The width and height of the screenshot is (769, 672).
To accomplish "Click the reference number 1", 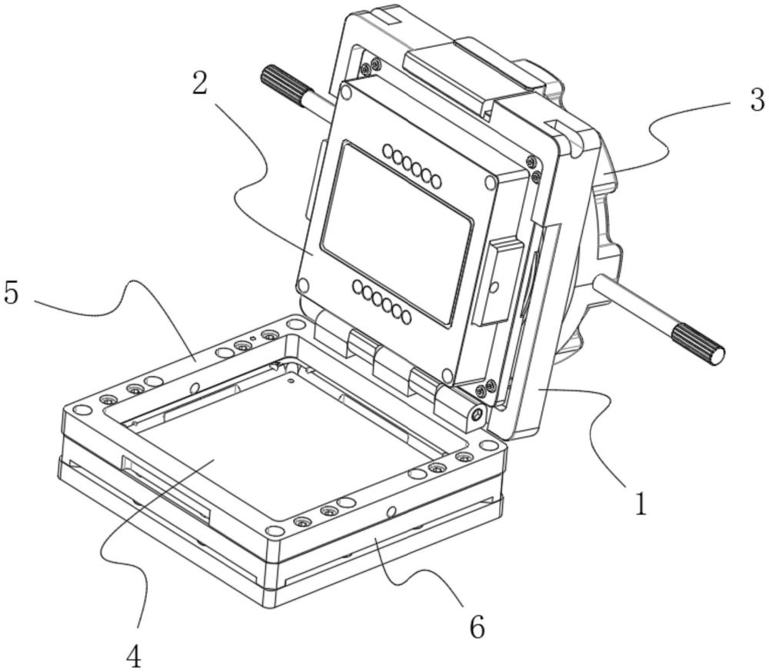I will [640, 503].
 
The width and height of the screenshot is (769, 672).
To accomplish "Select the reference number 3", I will [757, 101].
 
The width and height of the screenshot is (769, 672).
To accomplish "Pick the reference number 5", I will [11, 293].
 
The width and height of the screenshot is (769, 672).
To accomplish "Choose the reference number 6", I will [477, 627].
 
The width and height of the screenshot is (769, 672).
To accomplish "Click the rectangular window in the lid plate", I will [397, 231].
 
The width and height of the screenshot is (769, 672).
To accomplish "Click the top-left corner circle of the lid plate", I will [346, 93].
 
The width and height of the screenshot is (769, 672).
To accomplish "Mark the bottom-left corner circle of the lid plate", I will [305, 286].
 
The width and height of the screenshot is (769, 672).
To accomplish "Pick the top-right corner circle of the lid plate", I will [491, 182].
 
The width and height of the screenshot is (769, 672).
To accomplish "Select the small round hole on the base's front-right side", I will [392, 510].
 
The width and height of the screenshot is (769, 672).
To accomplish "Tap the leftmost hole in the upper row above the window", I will [388, 151].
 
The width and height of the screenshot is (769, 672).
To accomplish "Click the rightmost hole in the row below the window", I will [405, 317].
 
